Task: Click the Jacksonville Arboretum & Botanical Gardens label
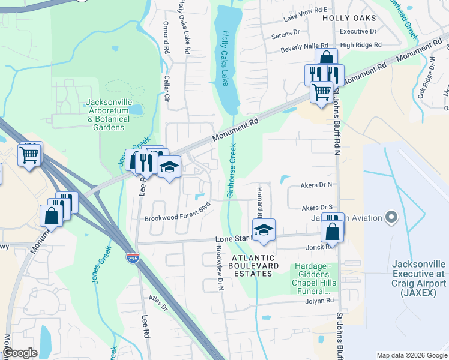coord(109,115)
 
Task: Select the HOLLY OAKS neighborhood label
coord(348,19)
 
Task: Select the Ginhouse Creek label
coord(230,172)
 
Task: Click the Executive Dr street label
coord(358,31)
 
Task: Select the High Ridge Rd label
coord(360,45)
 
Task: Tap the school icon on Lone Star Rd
coord(264,229)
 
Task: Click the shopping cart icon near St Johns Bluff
coord(322,92)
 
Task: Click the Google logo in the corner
coord(20,353)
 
